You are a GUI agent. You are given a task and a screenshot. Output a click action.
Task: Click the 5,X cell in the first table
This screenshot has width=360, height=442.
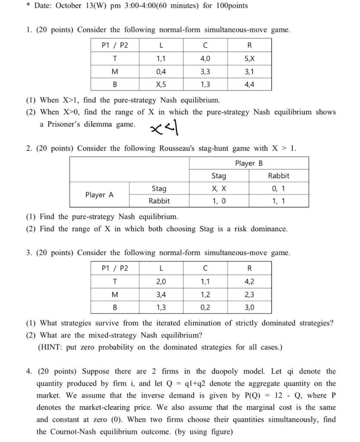[249, 58]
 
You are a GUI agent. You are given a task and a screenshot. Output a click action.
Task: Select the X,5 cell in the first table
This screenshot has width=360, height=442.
[161, 84]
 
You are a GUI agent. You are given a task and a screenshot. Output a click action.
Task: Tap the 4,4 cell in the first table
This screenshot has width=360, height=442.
[249, 84]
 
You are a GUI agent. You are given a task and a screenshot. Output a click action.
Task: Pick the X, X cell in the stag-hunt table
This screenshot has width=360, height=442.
[219, 189]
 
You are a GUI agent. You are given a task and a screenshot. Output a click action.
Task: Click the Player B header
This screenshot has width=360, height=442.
[249, 163]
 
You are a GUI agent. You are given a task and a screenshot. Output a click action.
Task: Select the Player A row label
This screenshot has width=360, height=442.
[99, 195]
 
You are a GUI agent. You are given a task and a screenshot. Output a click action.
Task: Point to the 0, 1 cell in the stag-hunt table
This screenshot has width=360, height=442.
[278, 189]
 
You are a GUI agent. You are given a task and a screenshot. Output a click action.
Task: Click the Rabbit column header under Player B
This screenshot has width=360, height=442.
[278, 176]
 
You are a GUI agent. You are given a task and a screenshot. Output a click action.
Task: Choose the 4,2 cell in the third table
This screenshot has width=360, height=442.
[249, 281]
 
